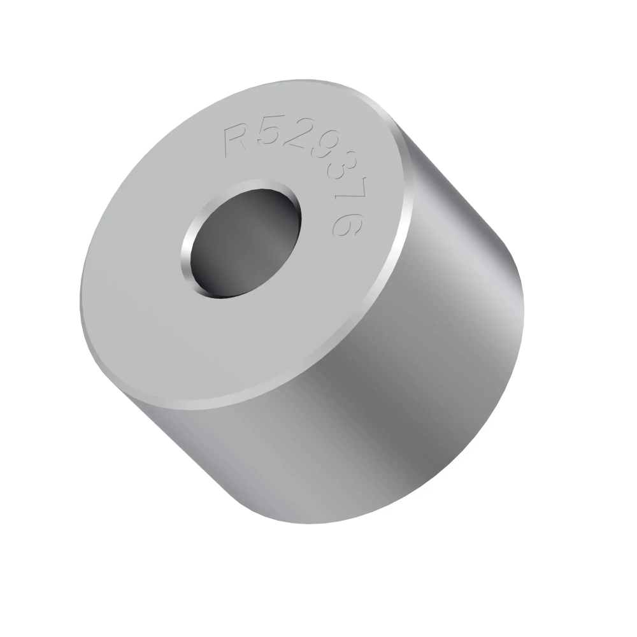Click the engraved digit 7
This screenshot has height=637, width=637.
(350, 196)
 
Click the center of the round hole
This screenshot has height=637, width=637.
(241, 240)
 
